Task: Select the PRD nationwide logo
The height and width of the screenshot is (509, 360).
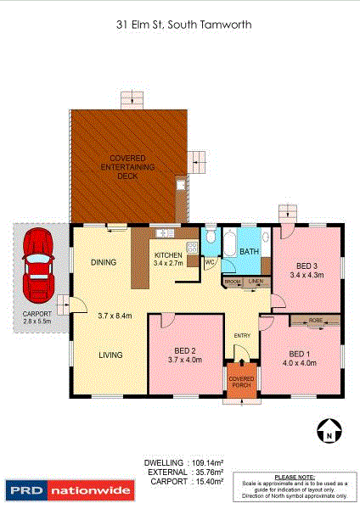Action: pos(70,490)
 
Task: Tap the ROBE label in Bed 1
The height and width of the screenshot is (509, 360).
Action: pos(315,321)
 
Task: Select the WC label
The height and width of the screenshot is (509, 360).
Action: pos(210,263)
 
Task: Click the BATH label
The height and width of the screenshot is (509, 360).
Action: pos(249,252)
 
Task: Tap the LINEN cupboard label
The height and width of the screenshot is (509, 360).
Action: pos(255,281)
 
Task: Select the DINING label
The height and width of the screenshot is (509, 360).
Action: pos(103,262)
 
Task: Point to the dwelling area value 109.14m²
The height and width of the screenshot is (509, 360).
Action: pos(205,463)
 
